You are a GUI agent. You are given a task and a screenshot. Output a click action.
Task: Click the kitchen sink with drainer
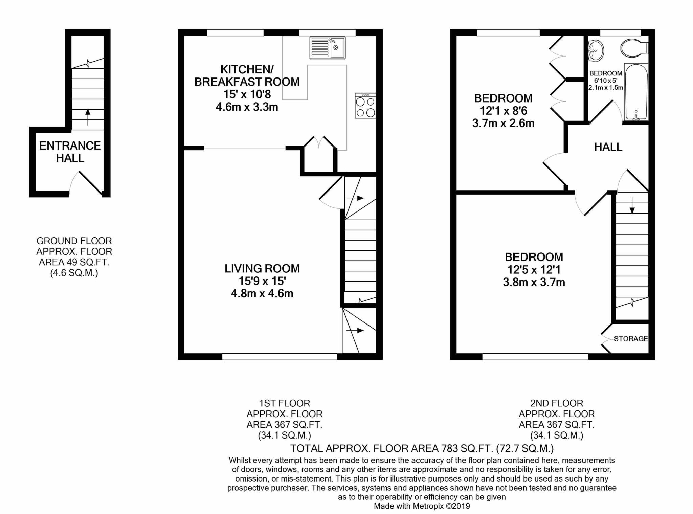coord(327,48)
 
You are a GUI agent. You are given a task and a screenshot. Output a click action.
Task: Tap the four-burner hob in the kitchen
coord(365,106)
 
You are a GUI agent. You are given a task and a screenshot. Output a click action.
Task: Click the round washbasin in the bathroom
coord(596,51)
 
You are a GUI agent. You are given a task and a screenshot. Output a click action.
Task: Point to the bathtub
coord(636,92)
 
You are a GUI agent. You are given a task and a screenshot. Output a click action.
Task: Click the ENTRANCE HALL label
coord(70,152)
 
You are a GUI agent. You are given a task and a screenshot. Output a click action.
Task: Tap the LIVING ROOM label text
coord(262,268)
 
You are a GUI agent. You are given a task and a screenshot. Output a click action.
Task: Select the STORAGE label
coord(631,339)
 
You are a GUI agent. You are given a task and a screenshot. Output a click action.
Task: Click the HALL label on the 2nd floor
coord(608,147)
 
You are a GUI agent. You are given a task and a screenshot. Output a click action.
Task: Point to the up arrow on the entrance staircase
coord(88,117)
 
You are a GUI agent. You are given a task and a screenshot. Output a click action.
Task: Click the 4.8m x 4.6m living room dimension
coord(262,293)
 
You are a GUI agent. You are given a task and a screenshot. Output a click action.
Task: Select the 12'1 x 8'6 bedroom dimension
coord(504,111)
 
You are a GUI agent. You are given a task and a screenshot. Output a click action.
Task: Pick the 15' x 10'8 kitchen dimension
coord(247,94)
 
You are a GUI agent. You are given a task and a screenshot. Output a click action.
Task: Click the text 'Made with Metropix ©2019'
coord(422,506)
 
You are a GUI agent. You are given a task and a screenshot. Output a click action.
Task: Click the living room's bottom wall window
coord(280,357)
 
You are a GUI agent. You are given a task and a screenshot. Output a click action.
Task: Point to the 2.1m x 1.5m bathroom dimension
coord(606,88)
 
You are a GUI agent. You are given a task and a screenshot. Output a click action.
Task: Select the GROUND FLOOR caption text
coord(74,241)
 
